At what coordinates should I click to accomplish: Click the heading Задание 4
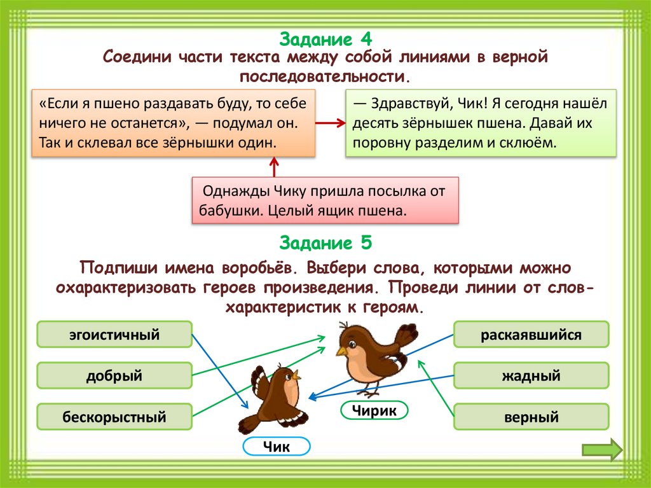click(x=325, y=39)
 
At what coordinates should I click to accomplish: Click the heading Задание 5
click(x=325, y=243)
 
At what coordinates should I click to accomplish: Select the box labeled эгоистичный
click(x=114, y=334)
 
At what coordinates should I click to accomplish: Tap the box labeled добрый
click(x=114, y=375)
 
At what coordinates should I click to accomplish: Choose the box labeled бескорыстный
click(x=114, y=417)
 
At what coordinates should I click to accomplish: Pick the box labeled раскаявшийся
click(x=531, y=334)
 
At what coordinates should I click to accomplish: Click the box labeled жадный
click(x=531, y=375)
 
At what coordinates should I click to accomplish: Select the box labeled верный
click(x=531, y=417)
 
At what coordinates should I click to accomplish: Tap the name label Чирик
click(x=374, y=411)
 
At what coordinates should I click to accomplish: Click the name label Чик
click(x=277, y=447)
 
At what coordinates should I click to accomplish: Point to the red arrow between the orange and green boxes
click(x=331, y=124)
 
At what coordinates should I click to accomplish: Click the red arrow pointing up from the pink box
click(x=275, y=169)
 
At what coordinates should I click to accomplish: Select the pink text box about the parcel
click(x=325, y=200)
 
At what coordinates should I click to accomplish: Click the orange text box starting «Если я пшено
click(x=174, y=123)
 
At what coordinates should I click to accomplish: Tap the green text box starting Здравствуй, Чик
click(x=481, y=123)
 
